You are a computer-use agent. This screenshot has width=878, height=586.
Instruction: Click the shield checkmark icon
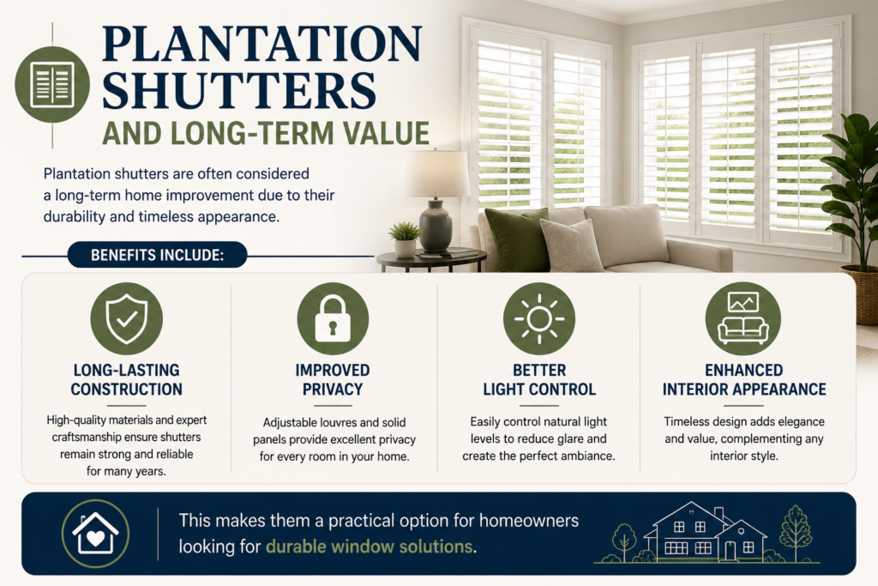click(127, 318)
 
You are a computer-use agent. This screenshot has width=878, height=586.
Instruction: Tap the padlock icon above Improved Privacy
click(333, 318)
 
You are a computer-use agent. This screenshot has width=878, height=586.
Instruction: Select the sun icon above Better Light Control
click(539, 318)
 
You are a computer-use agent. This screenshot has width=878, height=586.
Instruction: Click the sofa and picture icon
click(743, 318)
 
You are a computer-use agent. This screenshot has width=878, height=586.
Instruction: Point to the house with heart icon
click(95, 534)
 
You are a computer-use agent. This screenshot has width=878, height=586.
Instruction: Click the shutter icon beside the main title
click(52, 85)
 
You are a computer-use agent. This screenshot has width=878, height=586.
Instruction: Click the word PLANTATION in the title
click(262, 44)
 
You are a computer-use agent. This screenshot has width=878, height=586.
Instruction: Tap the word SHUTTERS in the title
click(239, 91)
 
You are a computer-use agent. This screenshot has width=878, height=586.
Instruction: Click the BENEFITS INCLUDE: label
click(158, 256)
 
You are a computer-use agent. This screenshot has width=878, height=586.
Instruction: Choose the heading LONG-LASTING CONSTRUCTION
click(127, 380)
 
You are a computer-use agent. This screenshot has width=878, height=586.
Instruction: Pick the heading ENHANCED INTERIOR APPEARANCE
click(744, 380)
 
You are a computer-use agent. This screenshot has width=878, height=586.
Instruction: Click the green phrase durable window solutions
click(369, 547)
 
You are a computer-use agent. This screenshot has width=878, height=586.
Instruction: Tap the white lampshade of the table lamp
click(436, 172)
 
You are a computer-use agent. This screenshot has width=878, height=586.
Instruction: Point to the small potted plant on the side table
click(405, 239)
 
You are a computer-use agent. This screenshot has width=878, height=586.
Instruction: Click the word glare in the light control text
click(571, 439)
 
